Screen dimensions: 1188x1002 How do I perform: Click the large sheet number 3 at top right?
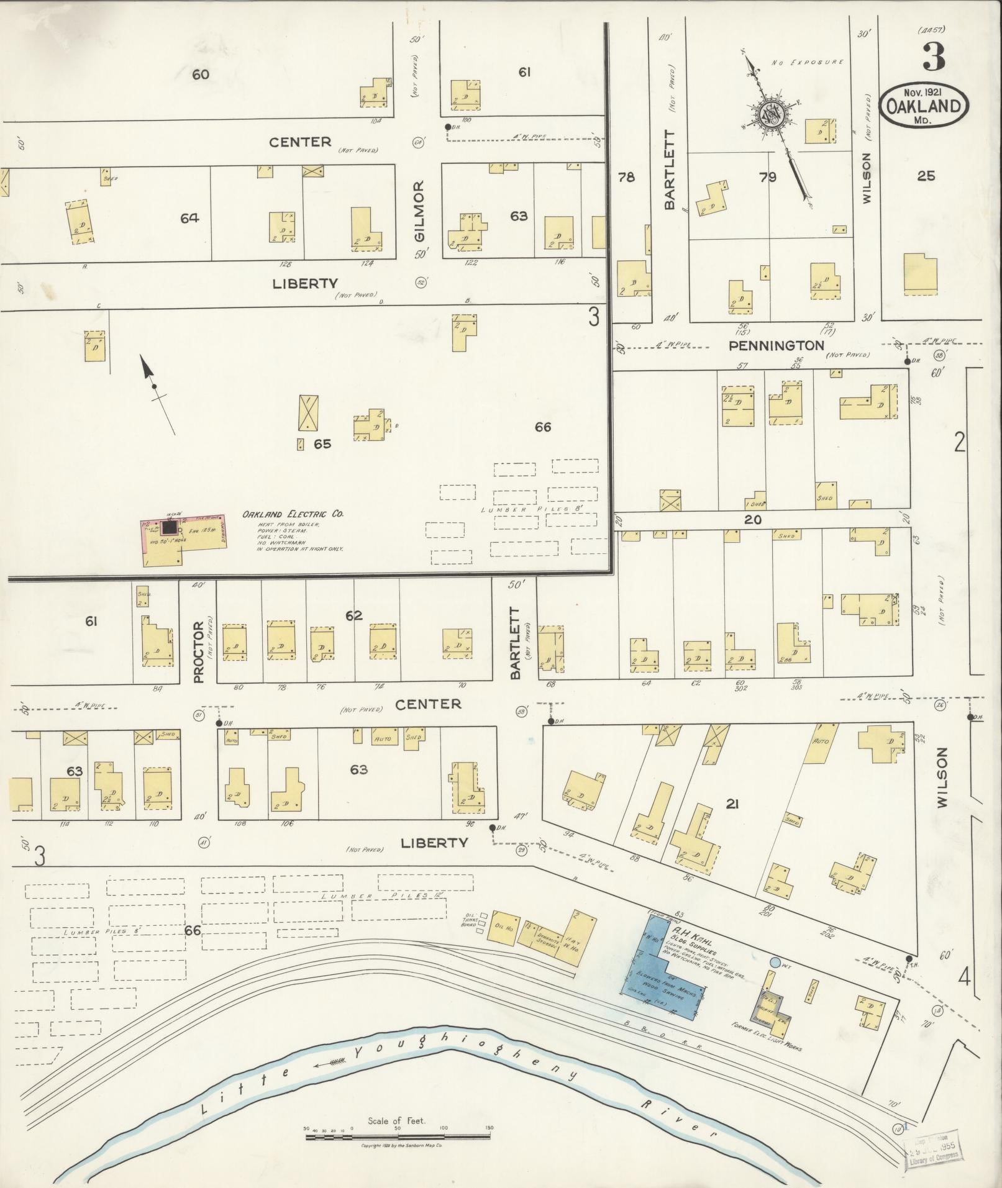(933, 57)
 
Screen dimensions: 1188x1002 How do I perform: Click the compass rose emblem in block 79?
(770, 116)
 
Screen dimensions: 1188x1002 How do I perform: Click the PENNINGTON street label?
(776, 345)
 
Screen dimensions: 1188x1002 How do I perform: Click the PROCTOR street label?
(199, 652)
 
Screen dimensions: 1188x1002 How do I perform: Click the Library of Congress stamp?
(935, 1145)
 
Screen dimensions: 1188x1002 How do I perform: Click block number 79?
(768, 177)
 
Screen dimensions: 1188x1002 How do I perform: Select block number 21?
(732, 804)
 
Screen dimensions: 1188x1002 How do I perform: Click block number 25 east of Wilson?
(926, 176)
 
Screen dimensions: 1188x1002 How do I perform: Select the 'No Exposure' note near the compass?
(807, 62)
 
